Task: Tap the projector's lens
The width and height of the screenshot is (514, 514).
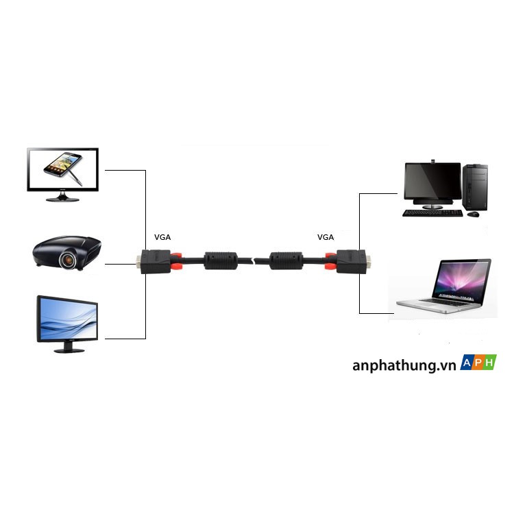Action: pyautogui.click(x=69, y=259)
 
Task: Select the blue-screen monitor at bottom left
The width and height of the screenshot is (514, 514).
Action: pyautogui.click(x=67, y=319)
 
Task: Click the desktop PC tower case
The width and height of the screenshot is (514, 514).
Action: pyautogui.click(x=475, y=186)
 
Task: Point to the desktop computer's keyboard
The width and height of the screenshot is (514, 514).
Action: pyautogui.click(x=432, y=213)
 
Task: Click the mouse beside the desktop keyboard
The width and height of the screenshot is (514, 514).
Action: pyautogui.click(x=473, y=214)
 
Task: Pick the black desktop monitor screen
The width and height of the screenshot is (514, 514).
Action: pyautogui.click(x=432, y=182)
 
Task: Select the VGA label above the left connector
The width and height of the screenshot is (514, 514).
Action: pyautogui.click(x=162, y=237)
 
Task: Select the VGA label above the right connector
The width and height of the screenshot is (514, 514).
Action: pyautogui.click(x=326, y=237)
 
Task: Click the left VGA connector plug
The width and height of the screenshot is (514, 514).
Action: pyautogui.click(x=156, y=261)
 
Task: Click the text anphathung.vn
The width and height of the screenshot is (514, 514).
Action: pyautogui.click(x=404, y=365)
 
